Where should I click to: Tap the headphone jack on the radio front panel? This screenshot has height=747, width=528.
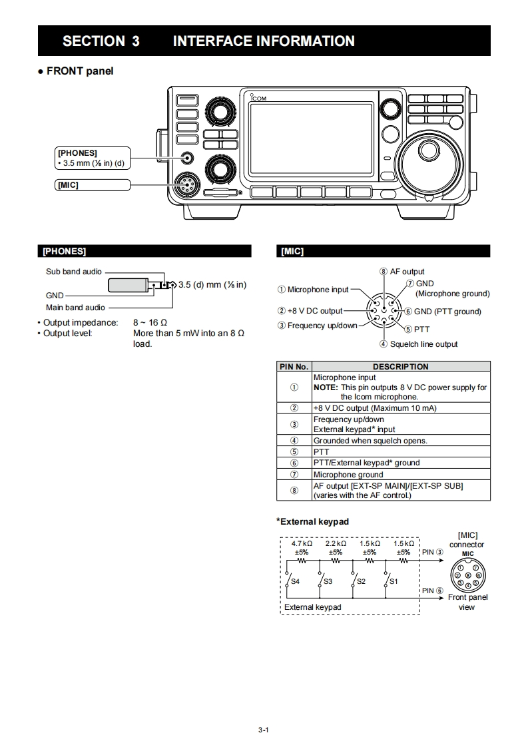coord(188,158)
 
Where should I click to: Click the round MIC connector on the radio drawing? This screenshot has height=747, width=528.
coord(184,185)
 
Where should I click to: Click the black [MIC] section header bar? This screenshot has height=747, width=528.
coord(382,251)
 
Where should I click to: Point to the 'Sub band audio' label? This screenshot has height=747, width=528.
coord(74,272)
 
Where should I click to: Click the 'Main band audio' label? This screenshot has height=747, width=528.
coord(75,308)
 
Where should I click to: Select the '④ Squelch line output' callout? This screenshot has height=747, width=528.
coord(419,344)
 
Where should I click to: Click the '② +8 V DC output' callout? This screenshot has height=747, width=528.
coord(310,311)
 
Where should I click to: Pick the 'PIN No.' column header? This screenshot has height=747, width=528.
coord(294,366)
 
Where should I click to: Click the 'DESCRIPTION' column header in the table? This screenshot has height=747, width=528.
coord(400,366)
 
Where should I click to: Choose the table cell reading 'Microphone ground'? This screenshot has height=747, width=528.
coord(348,475)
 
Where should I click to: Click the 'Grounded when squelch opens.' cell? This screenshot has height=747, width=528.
coord(370,441)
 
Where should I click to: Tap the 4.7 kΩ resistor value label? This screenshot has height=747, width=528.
coord(302,544)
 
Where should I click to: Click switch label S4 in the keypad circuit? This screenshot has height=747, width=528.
coord(296,581)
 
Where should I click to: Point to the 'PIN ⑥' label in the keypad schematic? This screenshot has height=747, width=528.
coord(432,591)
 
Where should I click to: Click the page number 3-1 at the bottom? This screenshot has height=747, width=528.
coord(263,730)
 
